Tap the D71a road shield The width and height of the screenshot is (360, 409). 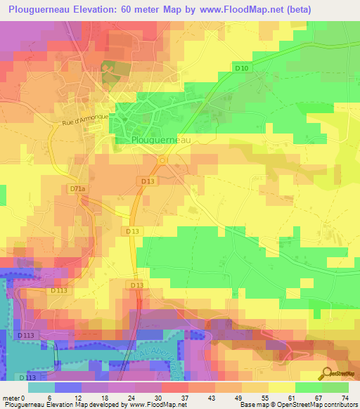tap(77, 189)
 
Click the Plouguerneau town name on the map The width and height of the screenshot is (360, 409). tap(161, 140)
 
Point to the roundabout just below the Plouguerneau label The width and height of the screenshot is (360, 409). tap(162, 160)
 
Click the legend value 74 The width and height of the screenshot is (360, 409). tap(345, 398)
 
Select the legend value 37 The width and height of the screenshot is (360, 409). tap(184, 398)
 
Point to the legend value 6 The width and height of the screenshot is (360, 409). tap(50, 398)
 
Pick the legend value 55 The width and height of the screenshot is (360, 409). tap(264, 398)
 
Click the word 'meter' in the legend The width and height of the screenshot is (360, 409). tap(11, 398)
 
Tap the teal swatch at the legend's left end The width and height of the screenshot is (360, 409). tap(41, 387)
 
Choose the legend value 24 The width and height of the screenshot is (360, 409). tap(131, 398)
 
